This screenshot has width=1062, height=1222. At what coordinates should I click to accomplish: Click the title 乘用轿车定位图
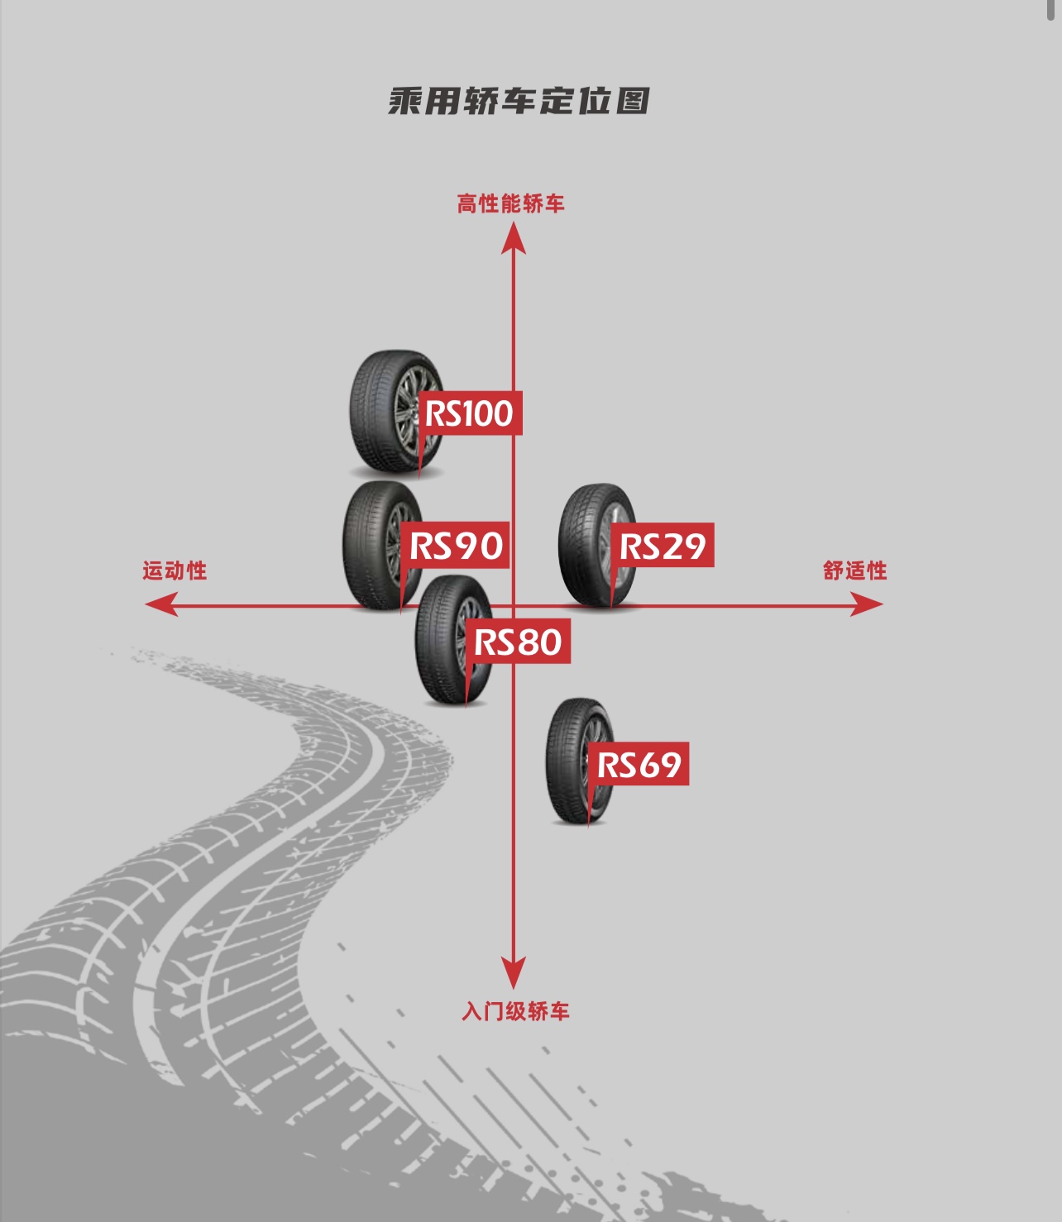point(519,101)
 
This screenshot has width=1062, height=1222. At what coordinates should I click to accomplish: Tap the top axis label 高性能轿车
point(510,203)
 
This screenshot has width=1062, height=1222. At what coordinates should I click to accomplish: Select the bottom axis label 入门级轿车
point(515,1011)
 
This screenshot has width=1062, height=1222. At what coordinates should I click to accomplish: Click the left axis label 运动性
point(175,570)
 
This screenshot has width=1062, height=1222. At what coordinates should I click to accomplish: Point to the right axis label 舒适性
point(854,570)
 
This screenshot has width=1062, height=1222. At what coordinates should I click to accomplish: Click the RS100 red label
point(470,413)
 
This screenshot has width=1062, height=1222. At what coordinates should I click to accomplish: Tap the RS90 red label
point(456,546)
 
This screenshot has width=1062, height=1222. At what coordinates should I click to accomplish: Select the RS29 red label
point(663,546)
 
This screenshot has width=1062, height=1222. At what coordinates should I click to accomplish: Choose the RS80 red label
point(518,642)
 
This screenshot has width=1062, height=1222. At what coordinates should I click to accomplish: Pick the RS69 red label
point(639,765)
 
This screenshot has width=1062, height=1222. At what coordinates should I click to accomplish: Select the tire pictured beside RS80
point(442,641)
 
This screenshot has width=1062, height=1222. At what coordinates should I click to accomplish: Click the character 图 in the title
point(632,101)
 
